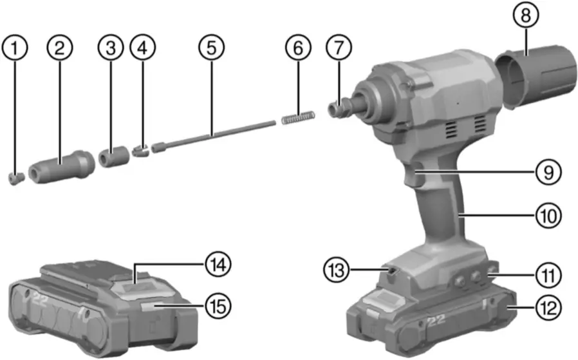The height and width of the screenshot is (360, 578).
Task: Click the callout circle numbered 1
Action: (x=17, y=47)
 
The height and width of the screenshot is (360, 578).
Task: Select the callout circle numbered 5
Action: (x=209, y=47)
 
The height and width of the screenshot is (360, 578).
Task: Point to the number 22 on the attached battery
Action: (x=436, y=320)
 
